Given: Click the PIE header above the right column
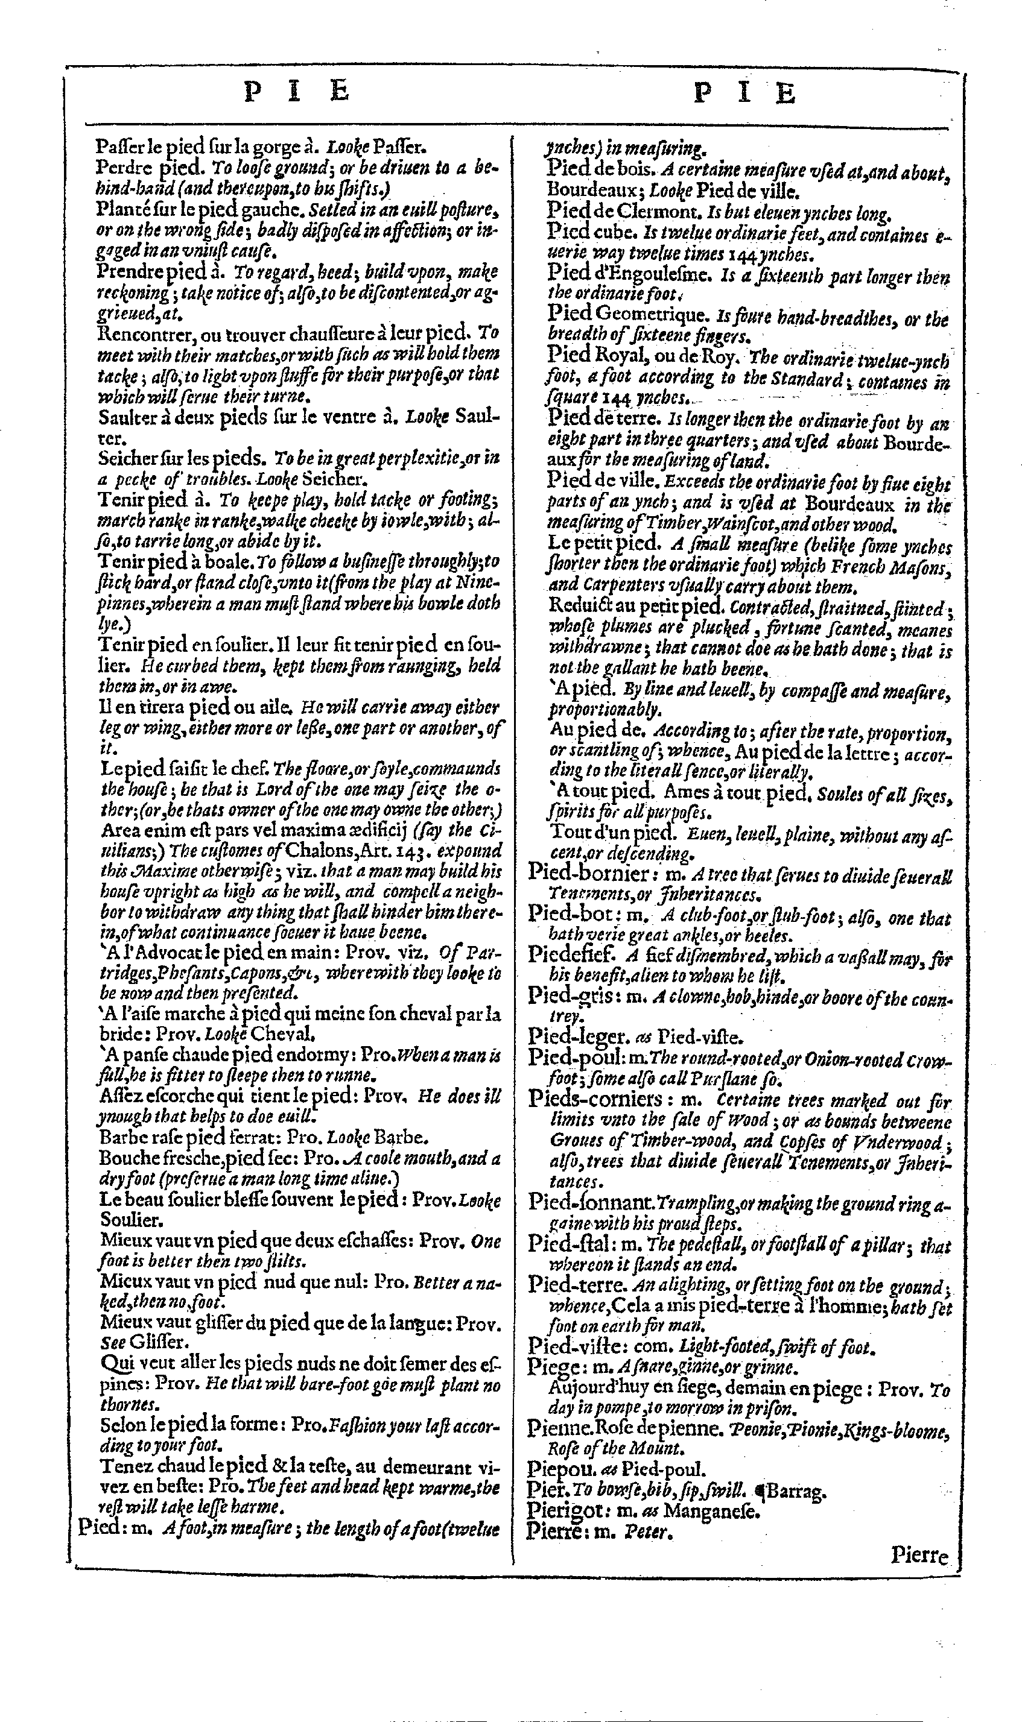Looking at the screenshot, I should coord(744,93).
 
